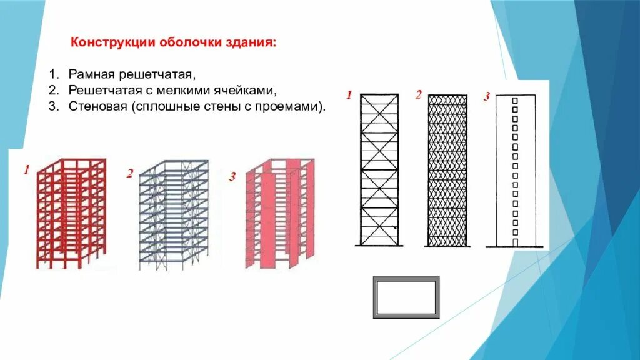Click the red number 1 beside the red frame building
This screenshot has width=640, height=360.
[x=26, y=169]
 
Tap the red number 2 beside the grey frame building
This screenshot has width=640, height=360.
[x=129, y=173]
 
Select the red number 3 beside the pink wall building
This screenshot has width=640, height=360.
[x=232, y=177]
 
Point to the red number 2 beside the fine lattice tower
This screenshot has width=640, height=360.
[x=418, y=95]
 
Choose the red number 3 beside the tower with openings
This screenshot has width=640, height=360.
[x=486, y=97]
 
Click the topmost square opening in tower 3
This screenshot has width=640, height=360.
[x=516, y=100]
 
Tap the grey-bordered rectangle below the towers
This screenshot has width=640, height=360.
[x=406, y=297]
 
